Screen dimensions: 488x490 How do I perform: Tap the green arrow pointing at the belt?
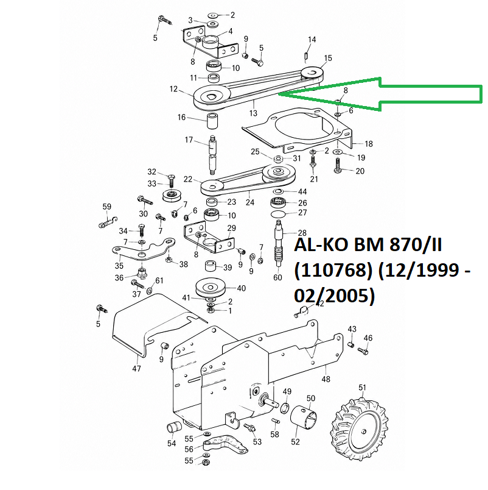click(381, 94)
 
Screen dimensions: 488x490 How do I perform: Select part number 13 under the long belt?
click(253, 113)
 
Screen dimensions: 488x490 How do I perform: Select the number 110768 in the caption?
click(333, 271)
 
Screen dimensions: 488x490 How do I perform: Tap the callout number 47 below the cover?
click(137, 369)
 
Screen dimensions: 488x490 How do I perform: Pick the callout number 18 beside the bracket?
click(369, 144)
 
